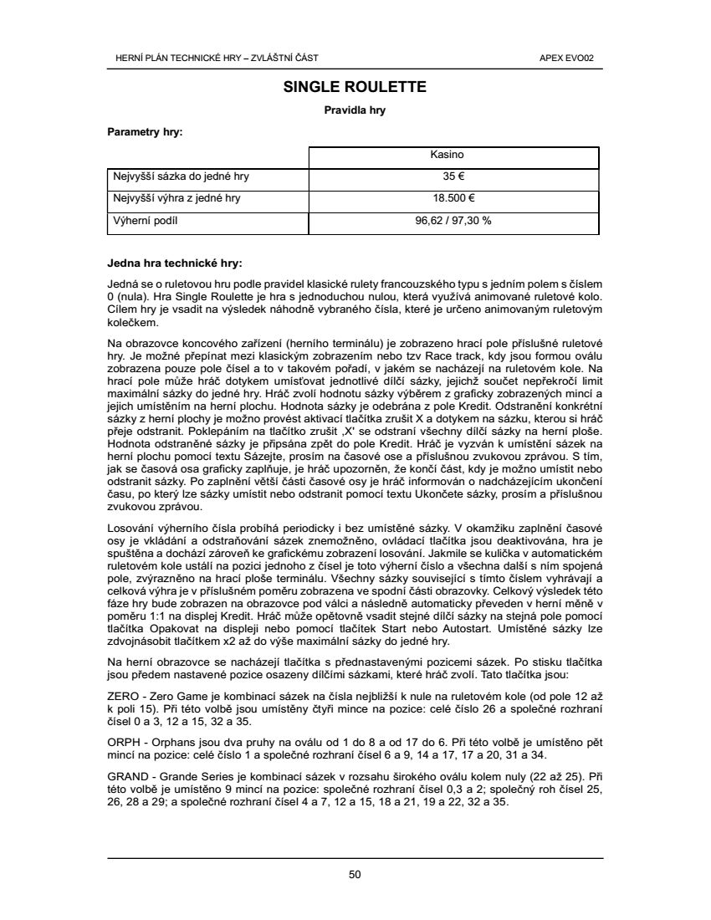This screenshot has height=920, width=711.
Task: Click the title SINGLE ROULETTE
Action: pos(355,87)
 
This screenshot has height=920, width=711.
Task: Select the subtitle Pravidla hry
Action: pos(355,110)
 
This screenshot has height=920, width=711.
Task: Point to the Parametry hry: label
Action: pos(146,131)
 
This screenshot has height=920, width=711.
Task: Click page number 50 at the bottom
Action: pos(355,875)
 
